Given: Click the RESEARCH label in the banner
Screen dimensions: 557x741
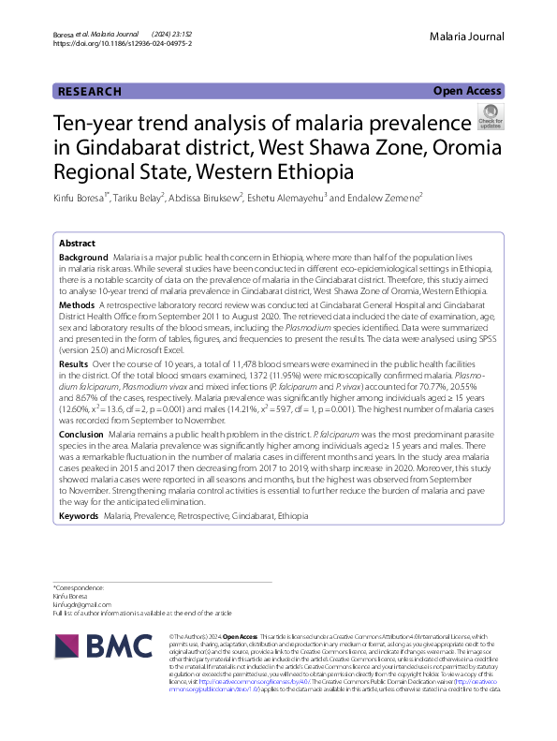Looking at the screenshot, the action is point(90,92).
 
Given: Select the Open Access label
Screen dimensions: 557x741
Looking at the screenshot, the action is point(468,91).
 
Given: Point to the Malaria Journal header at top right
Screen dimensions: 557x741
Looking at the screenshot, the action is point(467,37).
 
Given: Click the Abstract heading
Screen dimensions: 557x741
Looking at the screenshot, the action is point(77,242).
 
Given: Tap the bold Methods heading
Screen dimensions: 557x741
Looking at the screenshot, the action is point(77,305).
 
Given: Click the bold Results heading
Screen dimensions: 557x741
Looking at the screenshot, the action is point(75,363).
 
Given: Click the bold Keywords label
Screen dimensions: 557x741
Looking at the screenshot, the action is point(79,516).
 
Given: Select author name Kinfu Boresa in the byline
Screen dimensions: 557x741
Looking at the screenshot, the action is point(81,198).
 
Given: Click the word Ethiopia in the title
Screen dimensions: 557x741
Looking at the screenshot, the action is point(316,172).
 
